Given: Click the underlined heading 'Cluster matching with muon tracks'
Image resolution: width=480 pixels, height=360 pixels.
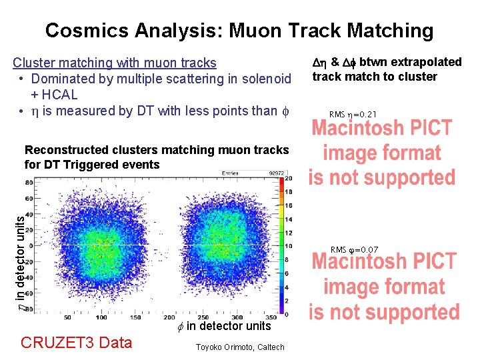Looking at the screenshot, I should tap(115, 63).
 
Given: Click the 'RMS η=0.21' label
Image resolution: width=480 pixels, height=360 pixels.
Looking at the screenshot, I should tap(353, 115).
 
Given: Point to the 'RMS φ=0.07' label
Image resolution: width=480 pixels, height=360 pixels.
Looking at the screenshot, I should tap(354, 250).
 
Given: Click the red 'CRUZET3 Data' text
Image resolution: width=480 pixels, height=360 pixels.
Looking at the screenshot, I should tap(77, 343).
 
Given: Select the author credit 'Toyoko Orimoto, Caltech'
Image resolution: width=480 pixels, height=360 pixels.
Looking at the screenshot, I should tap(240, 347).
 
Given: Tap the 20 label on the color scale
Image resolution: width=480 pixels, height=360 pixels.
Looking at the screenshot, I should tap(289, 179).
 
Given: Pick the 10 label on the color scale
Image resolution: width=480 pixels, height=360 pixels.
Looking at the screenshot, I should tap(289, 247).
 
